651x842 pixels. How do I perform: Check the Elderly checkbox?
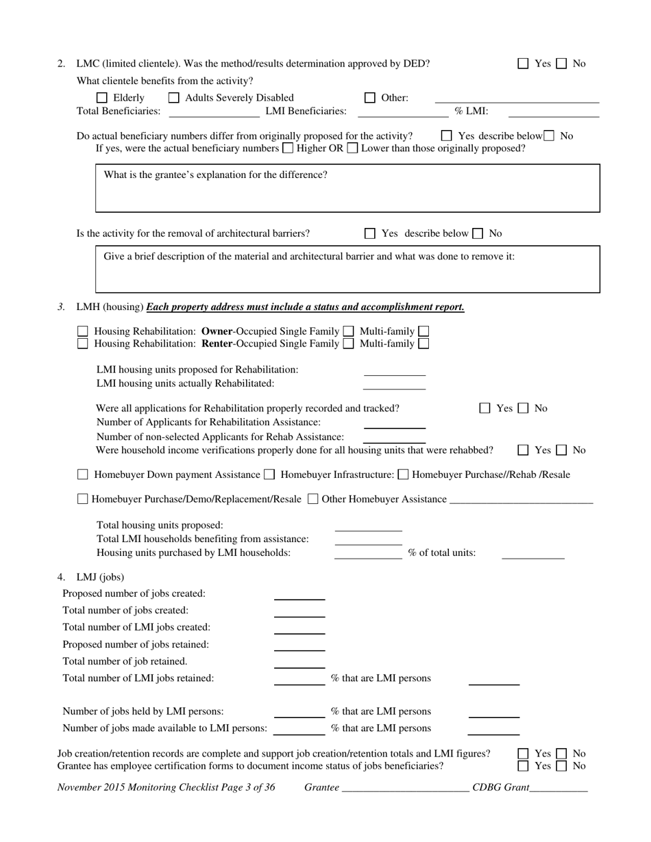[102, 98]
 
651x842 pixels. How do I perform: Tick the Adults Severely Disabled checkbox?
[174, 98]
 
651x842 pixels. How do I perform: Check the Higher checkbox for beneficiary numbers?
[288, 148]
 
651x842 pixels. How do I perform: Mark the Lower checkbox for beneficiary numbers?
[352, 148]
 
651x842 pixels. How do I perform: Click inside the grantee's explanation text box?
[347, 195]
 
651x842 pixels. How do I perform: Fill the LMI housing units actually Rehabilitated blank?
[394, 385]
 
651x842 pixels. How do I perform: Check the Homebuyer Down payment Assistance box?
[83, 474]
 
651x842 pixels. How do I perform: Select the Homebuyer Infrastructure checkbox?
[269, 474]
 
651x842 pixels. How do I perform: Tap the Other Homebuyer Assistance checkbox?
[313, 500]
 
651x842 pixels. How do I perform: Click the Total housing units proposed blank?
[368, 526]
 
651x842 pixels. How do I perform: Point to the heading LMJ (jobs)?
[100, 577]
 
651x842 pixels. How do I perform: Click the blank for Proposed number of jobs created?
[299, 595]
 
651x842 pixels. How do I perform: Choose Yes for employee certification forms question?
[524, 766]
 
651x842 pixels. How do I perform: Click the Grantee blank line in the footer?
[404, 789]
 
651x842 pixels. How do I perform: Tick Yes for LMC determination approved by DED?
[524, 64]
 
